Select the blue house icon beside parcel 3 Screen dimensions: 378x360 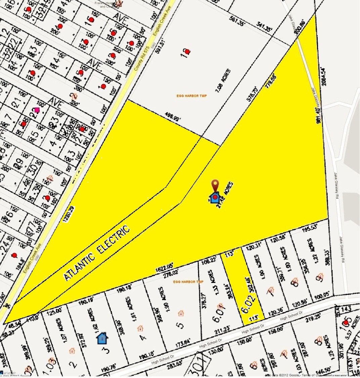[x=102, y=338]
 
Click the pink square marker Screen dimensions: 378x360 [x=37, y=110]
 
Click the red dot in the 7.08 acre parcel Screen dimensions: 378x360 [x=187, y=52]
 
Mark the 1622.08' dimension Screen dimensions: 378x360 [x=165, y=269]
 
